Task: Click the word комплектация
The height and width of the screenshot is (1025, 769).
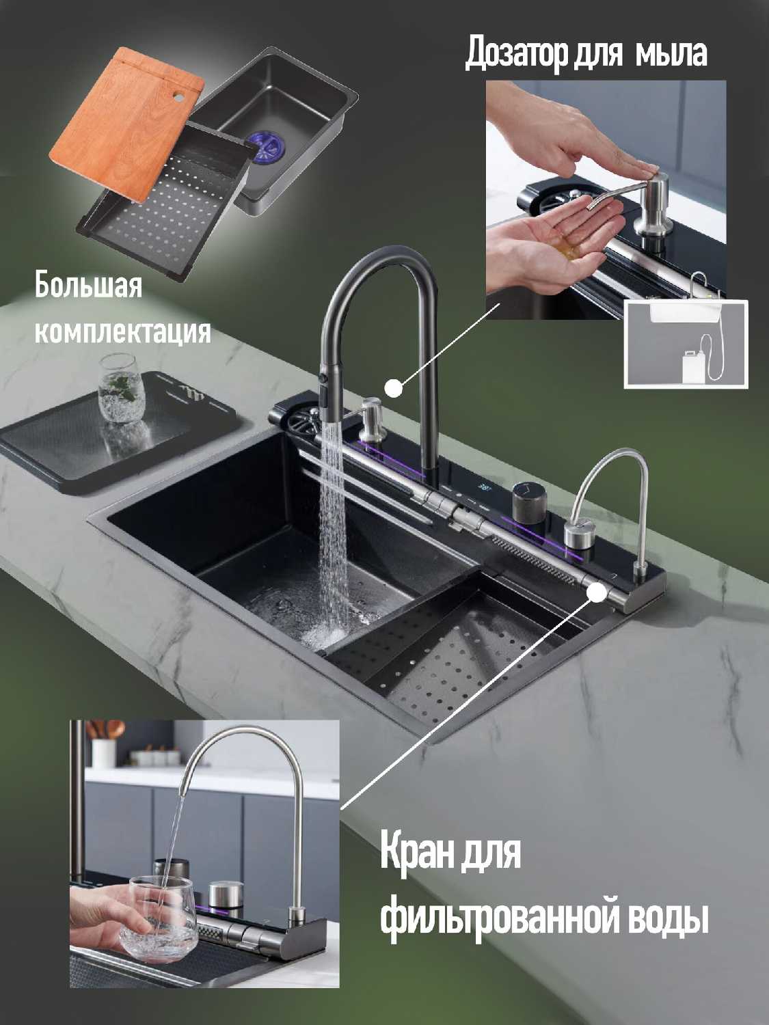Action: (x=123, y=331)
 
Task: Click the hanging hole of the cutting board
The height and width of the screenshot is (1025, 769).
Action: (x=178, y=96)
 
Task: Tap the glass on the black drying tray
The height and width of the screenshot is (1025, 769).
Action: (x=120, y=388)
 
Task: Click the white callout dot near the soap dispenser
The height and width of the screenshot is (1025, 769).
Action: (x=394, y=387)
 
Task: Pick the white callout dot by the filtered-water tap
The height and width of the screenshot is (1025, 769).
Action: (x=596, y=594)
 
